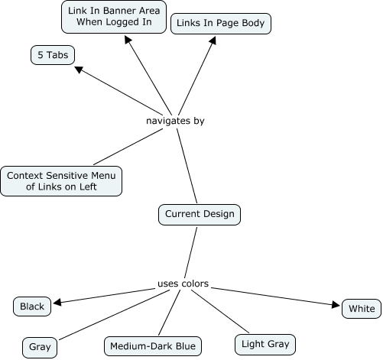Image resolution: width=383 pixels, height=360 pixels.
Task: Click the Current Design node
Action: tap(200, 215)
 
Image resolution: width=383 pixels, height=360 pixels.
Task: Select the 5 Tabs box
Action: tap(53, 55)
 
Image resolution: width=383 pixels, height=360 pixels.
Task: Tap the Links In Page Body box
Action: tap(221, 24)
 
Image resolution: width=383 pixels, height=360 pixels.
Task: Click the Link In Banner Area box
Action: tap(114, 17)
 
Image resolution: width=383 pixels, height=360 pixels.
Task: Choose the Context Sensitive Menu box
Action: tap(61, 181)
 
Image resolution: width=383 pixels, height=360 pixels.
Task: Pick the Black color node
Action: tap(32, 306)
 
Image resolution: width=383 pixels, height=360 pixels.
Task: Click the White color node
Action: tap(362, 309)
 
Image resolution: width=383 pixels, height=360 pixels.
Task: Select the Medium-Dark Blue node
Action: tap(153, 346)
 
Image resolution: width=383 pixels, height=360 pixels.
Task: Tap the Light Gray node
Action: tap(265, 345)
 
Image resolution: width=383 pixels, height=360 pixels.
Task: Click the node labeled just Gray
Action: tap(40, 348)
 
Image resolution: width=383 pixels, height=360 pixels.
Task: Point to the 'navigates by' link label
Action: tap(175, 121)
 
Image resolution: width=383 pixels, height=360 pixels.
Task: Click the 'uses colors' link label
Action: tap(183, 284)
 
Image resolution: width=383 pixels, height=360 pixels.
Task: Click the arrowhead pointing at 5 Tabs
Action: tap(78, 69)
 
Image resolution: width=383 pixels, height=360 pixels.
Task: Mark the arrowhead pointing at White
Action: tap(336, 304)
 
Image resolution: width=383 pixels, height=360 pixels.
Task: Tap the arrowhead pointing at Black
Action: tap(57, 302)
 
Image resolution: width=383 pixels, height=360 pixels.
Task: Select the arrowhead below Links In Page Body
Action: tap(213, 41)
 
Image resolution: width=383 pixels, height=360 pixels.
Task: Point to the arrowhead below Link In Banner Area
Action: tap(128, 40)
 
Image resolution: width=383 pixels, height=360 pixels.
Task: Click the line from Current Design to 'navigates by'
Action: tap(187, 166)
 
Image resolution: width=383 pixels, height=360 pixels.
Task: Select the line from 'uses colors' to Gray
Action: tap(114, 315)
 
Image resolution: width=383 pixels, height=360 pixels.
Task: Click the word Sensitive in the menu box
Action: tap(67, 176)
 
